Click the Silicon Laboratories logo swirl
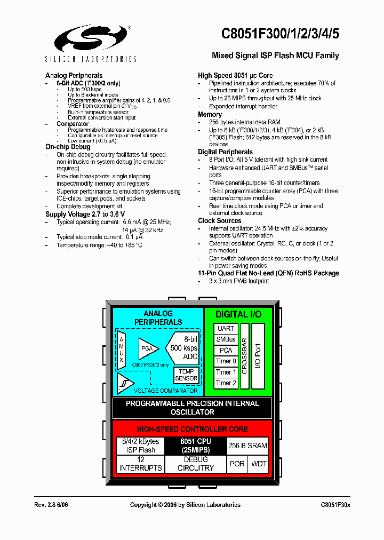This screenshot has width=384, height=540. click(92, 38)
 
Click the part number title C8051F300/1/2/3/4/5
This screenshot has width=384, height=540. click(280, 34)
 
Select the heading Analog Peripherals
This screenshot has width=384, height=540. click(74, 76)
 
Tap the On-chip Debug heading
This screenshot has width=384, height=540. click(67, 147)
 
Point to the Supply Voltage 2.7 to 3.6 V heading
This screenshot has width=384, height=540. click(85, 214)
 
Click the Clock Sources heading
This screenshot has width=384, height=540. click(219, 221)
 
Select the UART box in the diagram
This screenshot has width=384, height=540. click(226, 329)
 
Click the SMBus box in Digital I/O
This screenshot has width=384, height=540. click(226, 339)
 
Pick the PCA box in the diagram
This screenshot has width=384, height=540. click(226, 351)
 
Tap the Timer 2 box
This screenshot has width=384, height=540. click(226, 383)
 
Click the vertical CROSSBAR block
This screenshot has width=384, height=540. click(244, 356)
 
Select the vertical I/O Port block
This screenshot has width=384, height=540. click(258, 356)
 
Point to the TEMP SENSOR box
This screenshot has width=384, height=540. click(186, 375)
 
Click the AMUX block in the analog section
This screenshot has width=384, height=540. click(122, 349)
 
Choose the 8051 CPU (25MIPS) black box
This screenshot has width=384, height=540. click(195, 446)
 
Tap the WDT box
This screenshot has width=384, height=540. click(259, 464)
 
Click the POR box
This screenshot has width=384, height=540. click(237, 464)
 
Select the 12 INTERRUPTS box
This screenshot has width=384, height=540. click(140, 464)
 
